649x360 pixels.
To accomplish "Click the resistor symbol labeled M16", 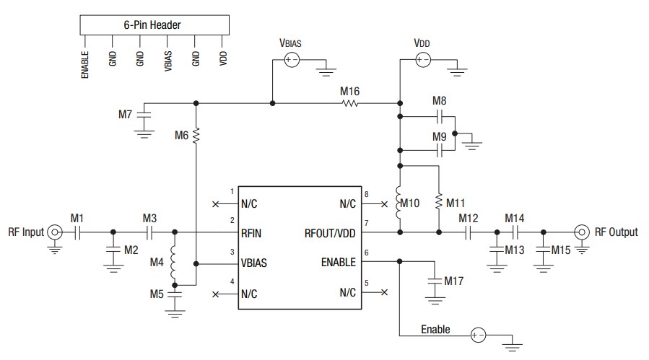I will click(350, 103).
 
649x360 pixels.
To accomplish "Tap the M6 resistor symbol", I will click(196, 135).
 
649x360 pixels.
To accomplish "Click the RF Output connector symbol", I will click(581, 232).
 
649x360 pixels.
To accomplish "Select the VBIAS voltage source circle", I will click(291, 61).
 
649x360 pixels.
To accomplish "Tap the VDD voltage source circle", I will click(422, 61).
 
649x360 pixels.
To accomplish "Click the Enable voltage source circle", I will click(477, 335).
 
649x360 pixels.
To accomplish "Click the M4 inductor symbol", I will click(174, 268).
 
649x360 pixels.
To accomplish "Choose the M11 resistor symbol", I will click(438, 203).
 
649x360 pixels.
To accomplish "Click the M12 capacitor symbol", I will click(469, 232).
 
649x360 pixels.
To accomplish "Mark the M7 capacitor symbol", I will click(145, 113).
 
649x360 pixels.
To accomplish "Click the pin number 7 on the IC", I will click(367, 224).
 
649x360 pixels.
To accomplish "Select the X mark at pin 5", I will click(384, 292).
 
